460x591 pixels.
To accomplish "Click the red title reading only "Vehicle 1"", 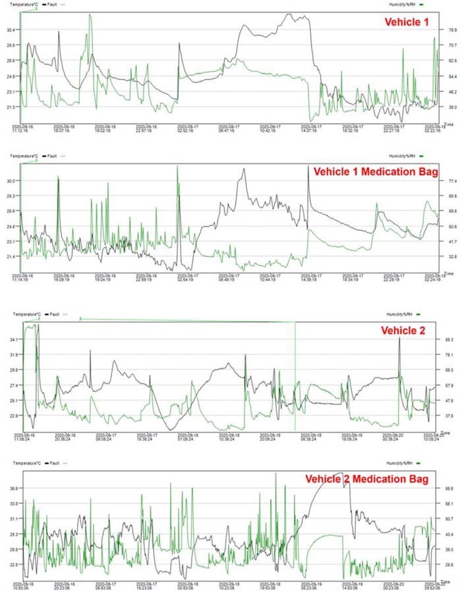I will tap(406, 23).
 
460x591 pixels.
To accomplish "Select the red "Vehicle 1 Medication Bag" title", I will tap(376, 171).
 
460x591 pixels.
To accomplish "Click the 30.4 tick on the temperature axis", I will tap(12, 30).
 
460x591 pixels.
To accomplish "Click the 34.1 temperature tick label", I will tap(12, 339).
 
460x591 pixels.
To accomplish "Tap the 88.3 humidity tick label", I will tap(450, 339).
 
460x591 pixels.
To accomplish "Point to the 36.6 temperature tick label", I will tap(13, 489).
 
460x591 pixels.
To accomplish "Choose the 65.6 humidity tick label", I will tap(450, 489).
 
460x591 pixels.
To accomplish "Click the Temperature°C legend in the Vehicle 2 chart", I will tap(24, 315).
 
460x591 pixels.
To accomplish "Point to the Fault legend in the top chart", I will tap(55, 5).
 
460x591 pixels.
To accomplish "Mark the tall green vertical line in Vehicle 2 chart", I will tap(295, 376).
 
